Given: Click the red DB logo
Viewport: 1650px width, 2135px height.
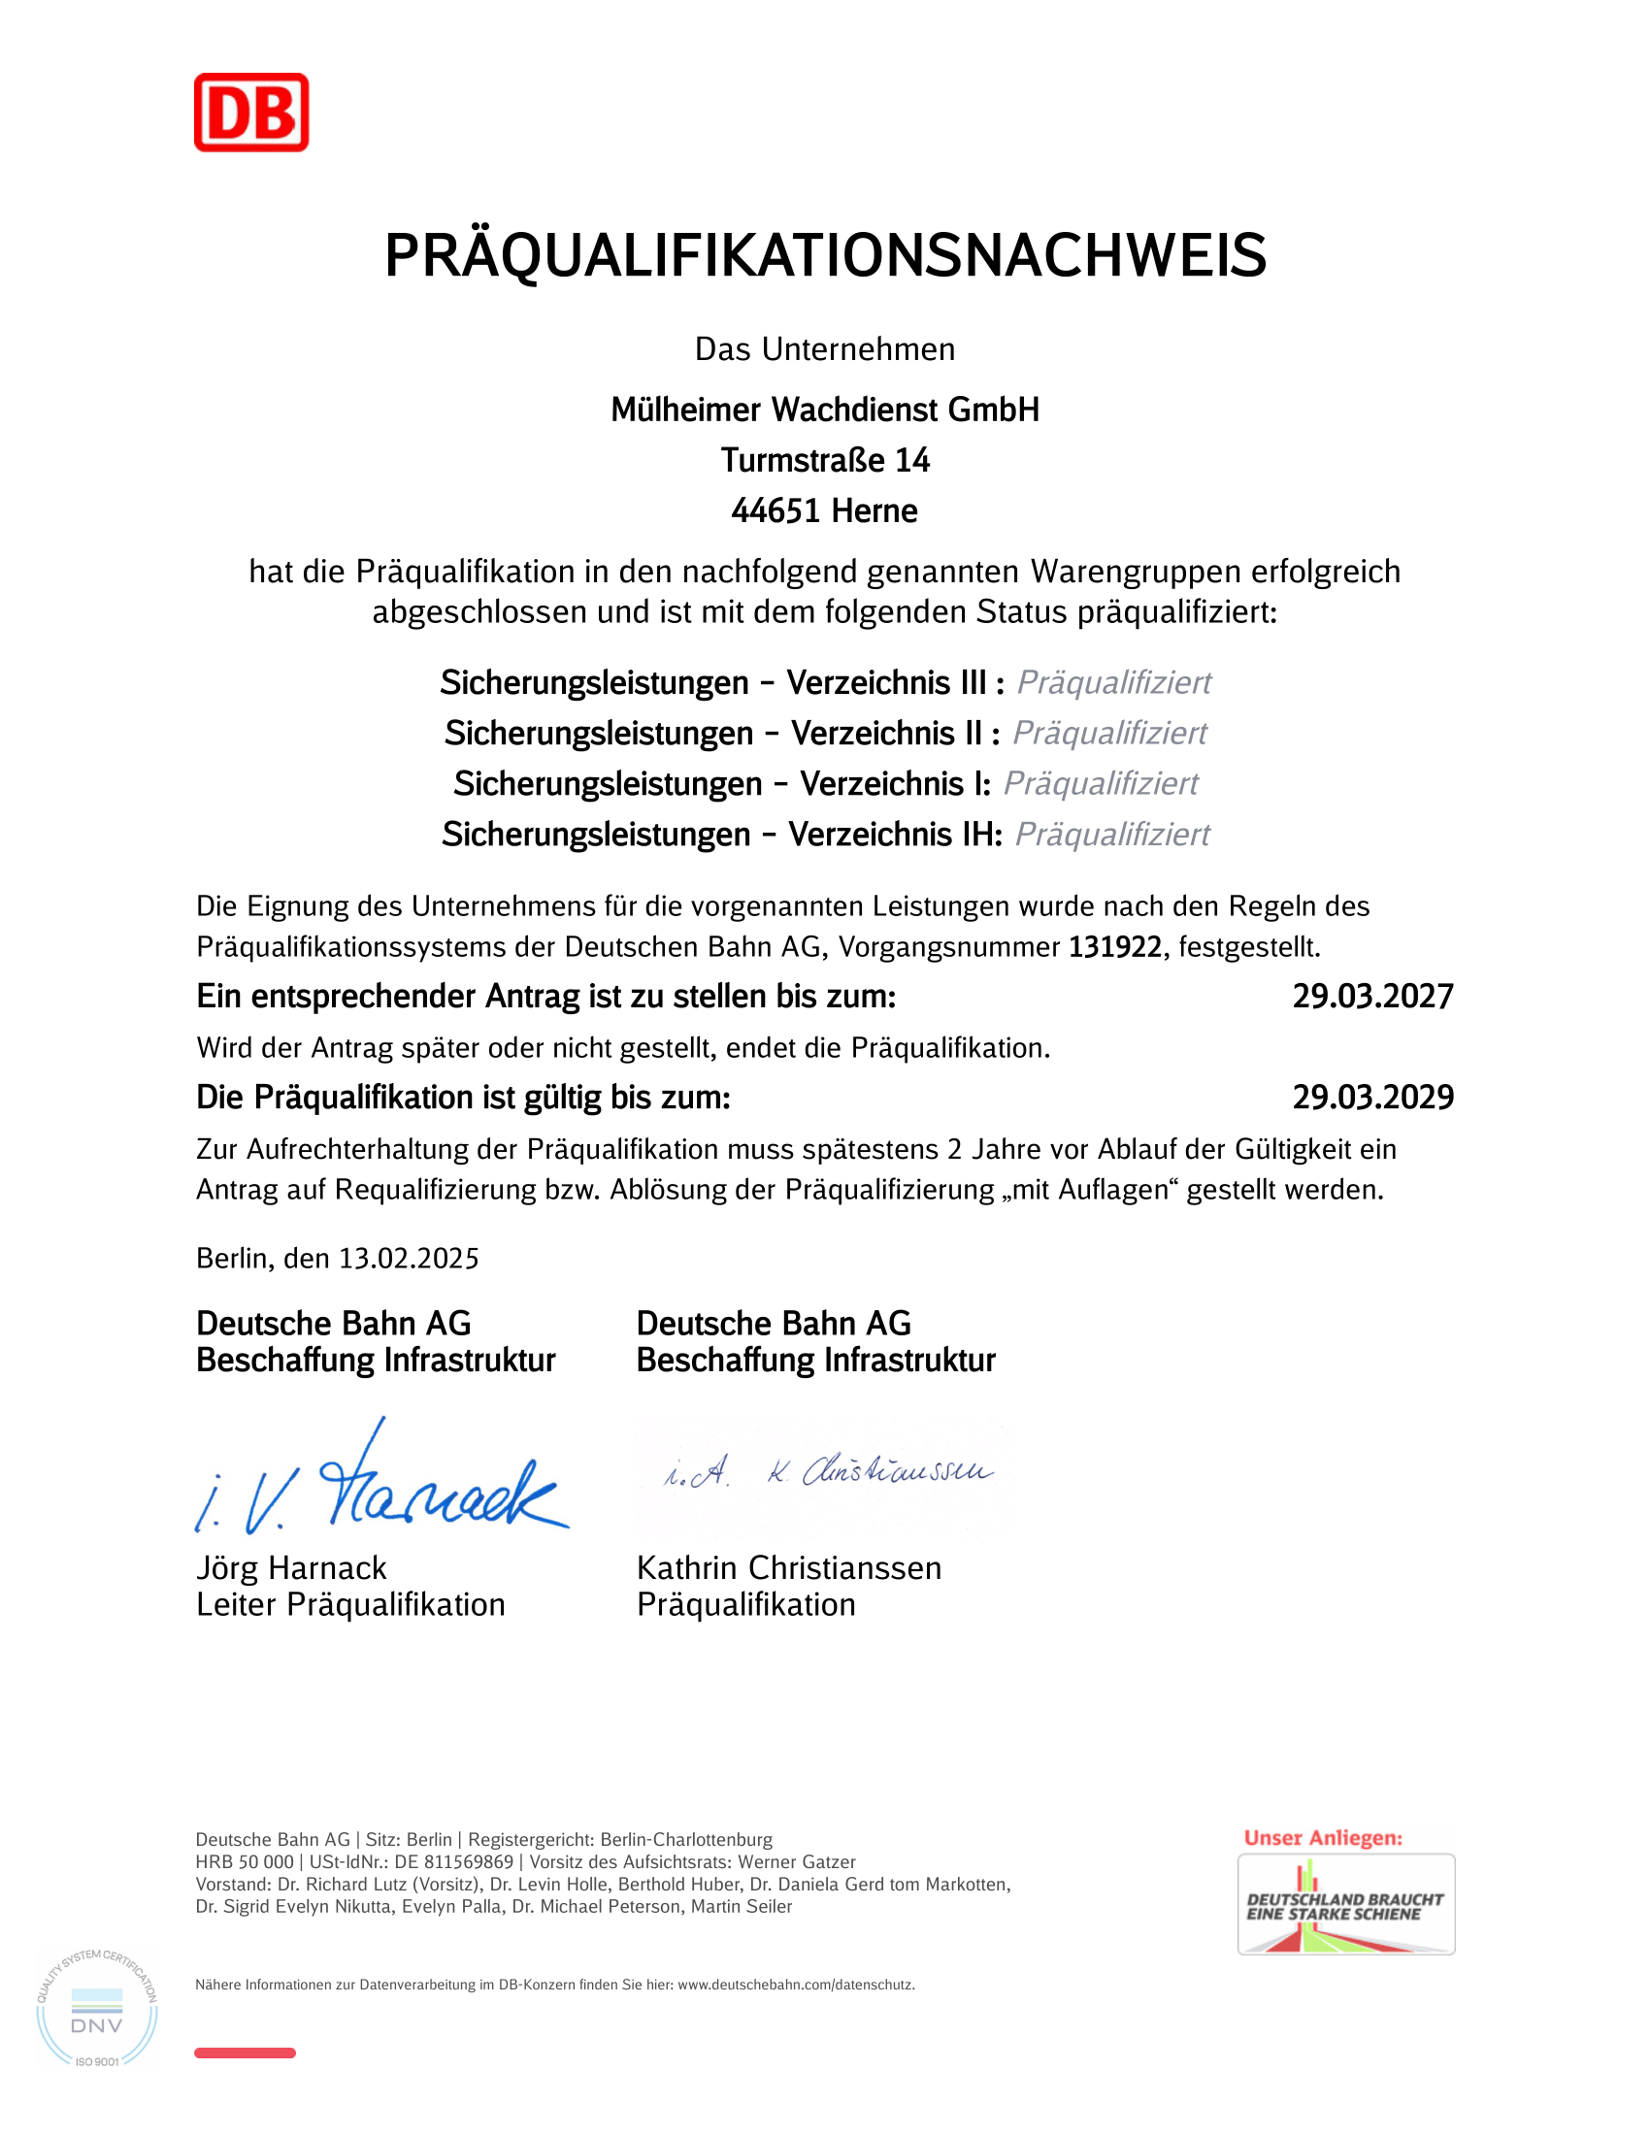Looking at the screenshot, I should (251, 113).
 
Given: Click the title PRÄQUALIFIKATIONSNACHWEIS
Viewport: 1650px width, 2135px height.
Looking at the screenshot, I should (825, 256).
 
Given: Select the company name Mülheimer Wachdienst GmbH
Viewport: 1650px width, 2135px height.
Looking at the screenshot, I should (825, 410).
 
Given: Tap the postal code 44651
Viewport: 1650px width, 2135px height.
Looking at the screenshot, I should (775, 511).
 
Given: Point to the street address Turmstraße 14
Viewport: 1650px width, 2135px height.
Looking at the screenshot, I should (825, 460).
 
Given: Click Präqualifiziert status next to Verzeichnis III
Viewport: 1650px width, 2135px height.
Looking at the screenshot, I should (1113, 682).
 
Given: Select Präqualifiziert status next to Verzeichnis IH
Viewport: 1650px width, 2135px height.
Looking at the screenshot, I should (1111, 835).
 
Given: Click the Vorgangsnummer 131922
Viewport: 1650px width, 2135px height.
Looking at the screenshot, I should (1114, 947).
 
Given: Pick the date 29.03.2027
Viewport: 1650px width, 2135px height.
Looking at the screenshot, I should (1372, 997).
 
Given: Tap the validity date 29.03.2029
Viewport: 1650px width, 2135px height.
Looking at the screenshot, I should (1372, 1098).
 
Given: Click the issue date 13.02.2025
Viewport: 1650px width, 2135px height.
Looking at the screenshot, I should (409, 1259).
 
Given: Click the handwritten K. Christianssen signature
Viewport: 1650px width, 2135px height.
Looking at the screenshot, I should (831, 1471).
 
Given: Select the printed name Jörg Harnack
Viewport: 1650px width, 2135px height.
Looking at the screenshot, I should (291, 1569).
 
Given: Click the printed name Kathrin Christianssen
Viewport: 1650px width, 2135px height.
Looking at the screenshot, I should (789, 1569).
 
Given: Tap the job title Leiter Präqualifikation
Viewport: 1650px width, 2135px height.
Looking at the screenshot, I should (350, 1606).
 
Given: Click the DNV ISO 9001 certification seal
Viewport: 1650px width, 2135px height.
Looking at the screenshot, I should (97, 2009).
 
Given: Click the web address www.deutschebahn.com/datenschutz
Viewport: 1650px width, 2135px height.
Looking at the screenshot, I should (796, 1986).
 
